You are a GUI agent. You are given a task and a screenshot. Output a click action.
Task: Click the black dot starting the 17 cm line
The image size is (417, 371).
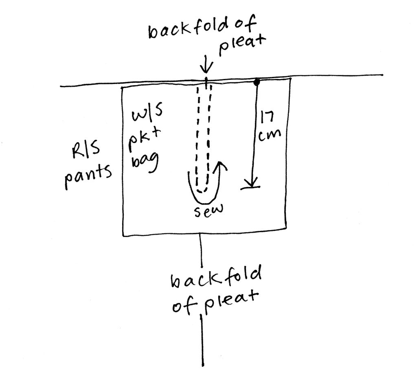[x=256, y=82]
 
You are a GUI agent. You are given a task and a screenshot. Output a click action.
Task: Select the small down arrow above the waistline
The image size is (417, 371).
[x=206, y=65]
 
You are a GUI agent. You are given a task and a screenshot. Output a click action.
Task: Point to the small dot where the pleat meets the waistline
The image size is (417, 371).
[x=206, y=79]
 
